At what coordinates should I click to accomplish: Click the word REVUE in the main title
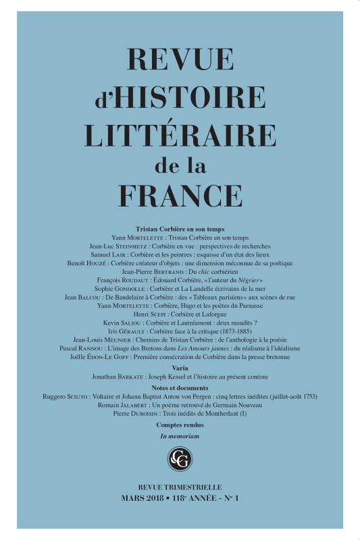(x=180, y=63)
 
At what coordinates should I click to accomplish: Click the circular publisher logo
(x=180, y=459)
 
